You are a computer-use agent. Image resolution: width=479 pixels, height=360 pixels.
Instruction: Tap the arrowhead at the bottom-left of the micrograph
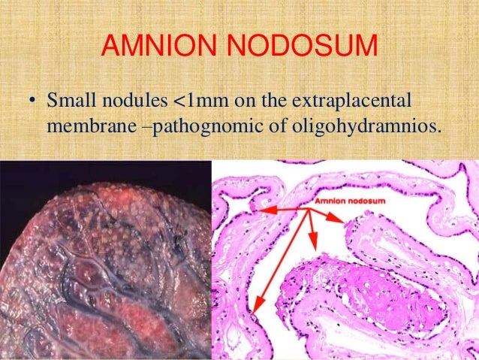point(255,307)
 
